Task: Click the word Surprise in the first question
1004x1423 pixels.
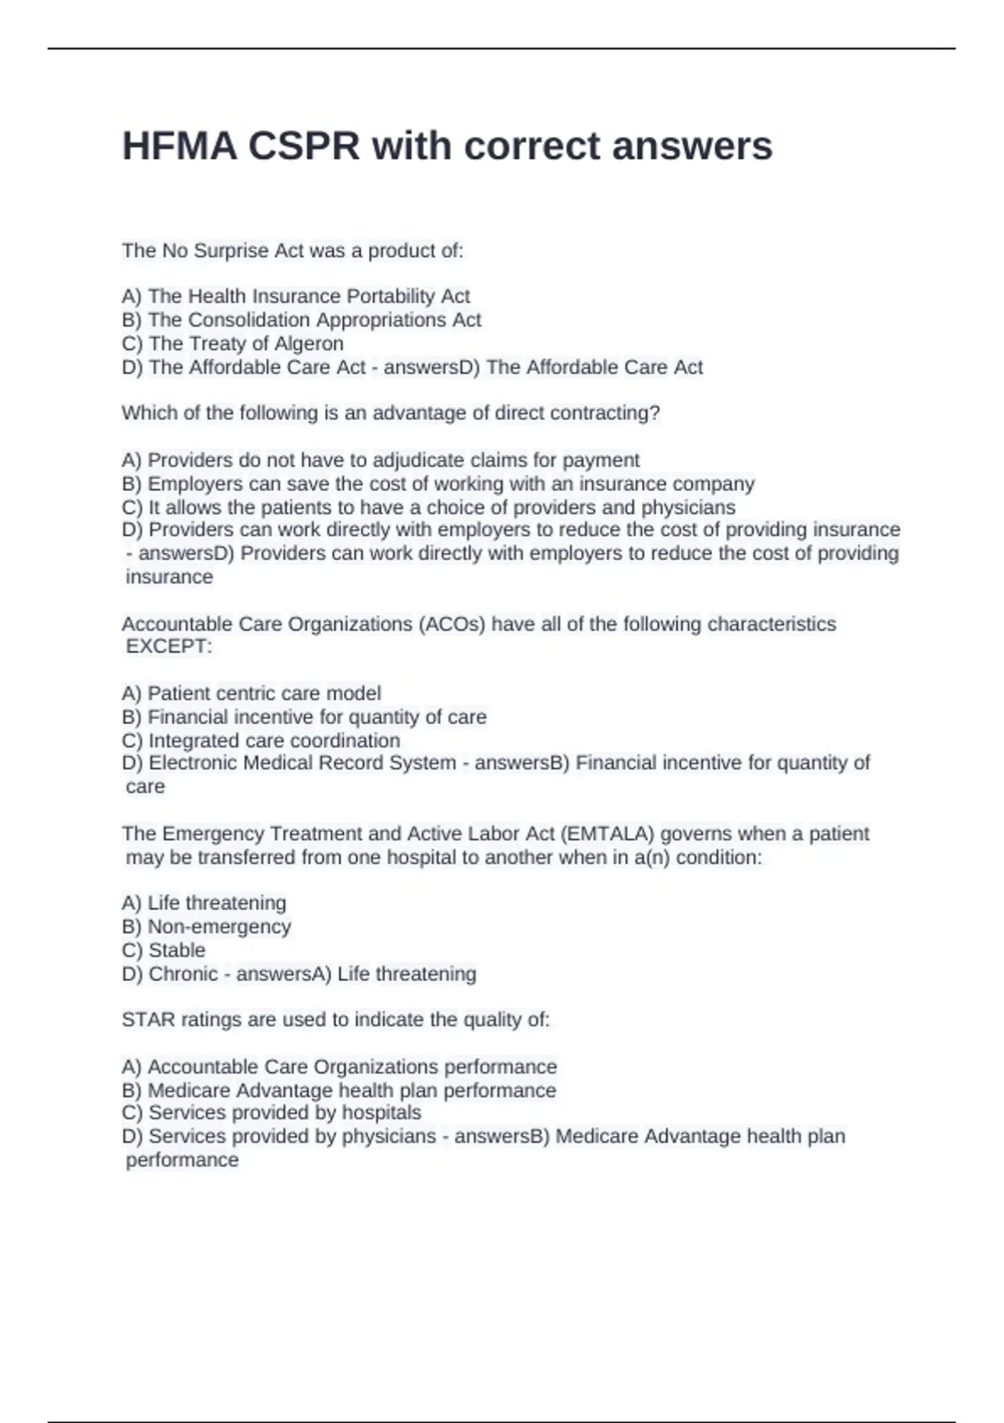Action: coord(226,250)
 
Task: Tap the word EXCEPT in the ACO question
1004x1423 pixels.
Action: coord(168,646)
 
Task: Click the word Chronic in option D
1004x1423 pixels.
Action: coord(183,973)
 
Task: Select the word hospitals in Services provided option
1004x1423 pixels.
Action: coord(381,1112)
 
